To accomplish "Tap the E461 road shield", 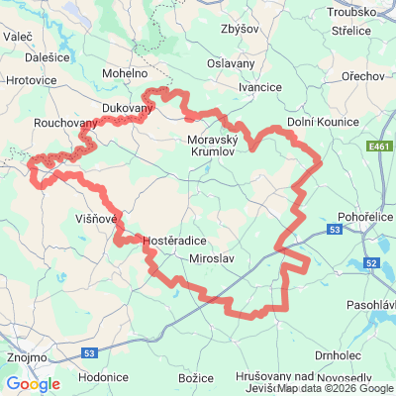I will click(375, 147).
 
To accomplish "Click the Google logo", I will click(32, 384).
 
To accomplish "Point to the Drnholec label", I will click(339, 354).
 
